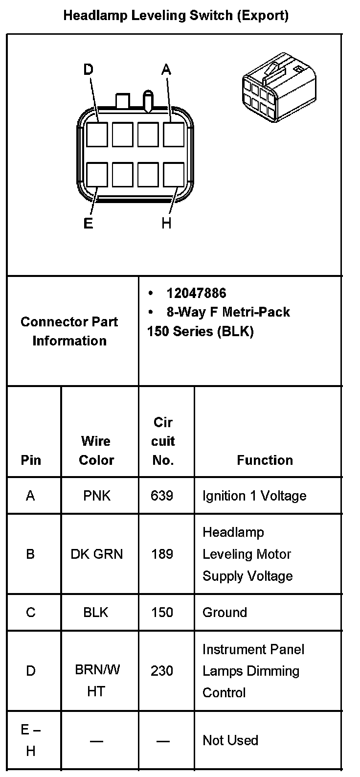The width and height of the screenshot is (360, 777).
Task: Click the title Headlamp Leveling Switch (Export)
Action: [x=176, y=16]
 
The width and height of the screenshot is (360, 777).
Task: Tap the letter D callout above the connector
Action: [x=88, y=70]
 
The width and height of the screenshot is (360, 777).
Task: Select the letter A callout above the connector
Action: [x=166, y=70]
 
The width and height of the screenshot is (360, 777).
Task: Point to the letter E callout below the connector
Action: [x=88, y=224]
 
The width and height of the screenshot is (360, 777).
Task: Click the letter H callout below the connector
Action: [x=166, y=224]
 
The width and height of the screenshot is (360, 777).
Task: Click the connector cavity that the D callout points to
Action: [x=97, y=134]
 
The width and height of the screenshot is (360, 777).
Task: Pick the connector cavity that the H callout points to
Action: [x=173, y=175]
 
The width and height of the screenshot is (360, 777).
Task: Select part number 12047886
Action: [x=196, y=293]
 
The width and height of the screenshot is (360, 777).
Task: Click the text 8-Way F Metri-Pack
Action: [x=228, y=312]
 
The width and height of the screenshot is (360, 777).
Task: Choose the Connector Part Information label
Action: [x=69, y=331]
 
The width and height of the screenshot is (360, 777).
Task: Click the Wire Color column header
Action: [x=96, y=450]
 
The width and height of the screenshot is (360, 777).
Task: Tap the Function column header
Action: [x=265, y=460]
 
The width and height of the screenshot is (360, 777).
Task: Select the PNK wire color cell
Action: [x=97, y=496]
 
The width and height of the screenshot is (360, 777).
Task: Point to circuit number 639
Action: [x=162, y=496]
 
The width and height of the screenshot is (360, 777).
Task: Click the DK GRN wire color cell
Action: [x=97, y=554]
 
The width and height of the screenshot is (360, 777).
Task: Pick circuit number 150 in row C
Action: [x=162, y=612]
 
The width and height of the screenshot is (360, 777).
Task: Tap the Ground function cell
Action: [x=225, y=612]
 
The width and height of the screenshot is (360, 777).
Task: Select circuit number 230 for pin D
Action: [x=162, y=670]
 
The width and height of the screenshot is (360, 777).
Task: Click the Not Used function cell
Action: [x=230, y=740]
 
